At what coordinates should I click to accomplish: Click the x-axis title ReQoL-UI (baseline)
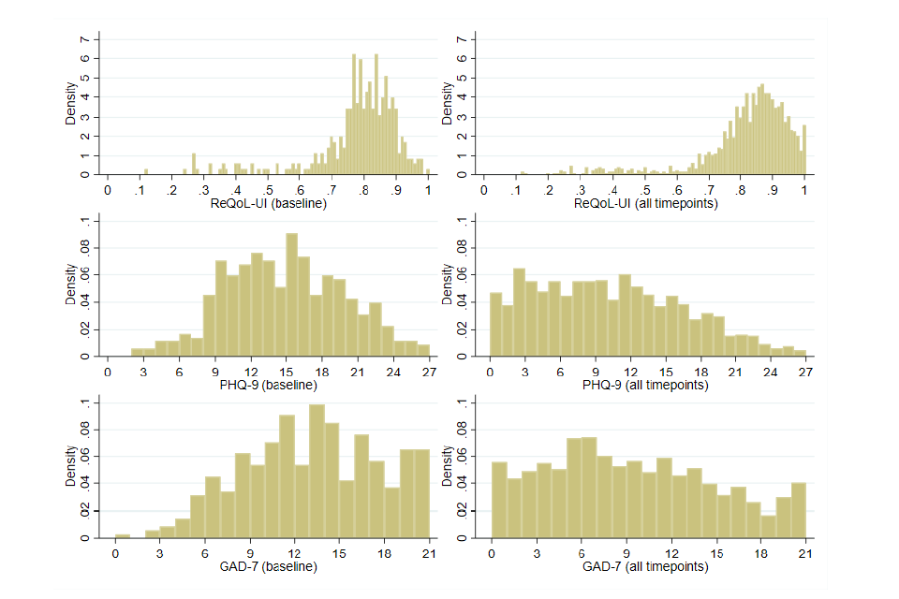coord(268,203)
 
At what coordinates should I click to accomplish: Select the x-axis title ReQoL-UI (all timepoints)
coord(644,203)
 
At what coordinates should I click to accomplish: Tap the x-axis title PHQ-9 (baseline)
coord(268,385)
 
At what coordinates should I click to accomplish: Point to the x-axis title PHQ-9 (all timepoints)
coord(644,385)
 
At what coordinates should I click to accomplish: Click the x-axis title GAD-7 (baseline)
coord(268,566)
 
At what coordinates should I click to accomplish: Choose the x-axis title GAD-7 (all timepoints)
coord(644,566)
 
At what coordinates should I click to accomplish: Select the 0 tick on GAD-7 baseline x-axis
coord(115,552)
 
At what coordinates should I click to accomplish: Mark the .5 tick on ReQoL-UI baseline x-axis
coord(268,189)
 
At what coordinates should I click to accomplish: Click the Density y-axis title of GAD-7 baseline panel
coord(70,471)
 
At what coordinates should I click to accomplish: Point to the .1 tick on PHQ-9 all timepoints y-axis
coord(460,222)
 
